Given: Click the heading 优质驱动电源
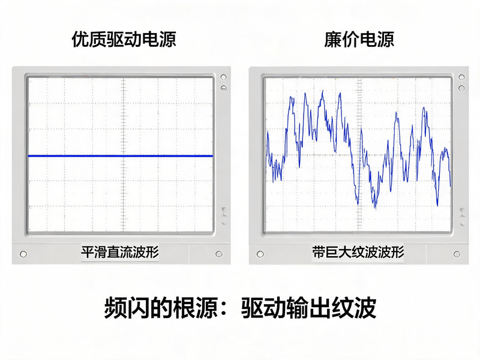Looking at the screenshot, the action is [124, 39].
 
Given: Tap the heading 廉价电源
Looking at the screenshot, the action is [359, 39].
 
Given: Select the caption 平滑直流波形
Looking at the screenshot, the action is [120, 252].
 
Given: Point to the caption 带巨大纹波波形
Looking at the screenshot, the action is [358, 252].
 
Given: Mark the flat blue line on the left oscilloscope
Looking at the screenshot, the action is [121, 156].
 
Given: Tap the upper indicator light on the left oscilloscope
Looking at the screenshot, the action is [224, 77].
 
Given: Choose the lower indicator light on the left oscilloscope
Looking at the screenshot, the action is [224, 88].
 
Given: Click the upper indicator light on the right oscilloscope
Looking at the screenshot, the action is [461, 77].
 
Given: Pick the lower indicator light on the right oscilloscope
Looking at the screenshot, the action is [461, 88].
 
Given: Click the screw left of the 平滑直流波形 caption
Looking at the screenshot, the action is [23, 254].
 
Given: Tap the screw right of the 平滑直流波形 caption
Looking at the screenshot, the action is [219, 254].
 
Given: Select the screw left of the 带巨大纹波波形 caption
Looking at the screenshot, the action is [260, 254].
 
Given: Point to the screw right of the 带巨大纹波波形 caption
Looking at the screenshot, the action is [457, 254].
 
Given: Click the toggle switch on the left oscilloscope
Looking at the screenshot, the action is [225, 215].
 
